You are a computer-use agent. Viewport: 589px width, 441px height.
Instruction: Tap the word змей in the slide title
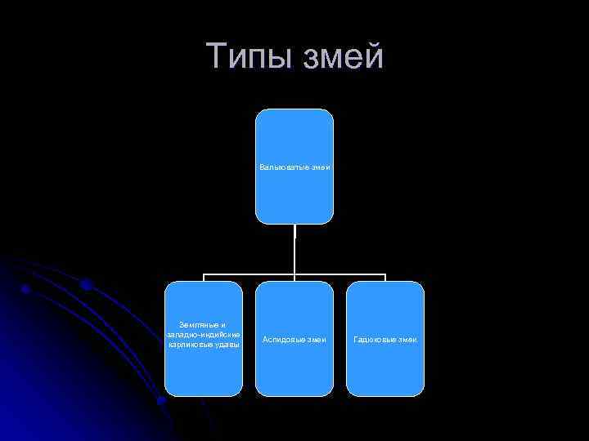coord(344,56)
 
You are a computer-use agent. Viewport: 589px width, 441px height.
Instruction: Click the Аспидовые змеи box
coord(294,359)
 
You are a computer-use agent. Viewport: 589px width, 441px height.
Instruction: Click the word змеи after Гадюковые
coord(407,339)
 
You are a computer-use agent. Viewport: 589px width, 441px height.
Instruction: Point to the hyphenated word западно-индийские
coord(204,335)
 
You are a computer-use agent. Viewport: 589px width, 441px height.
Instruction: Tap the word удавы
coord(228,345)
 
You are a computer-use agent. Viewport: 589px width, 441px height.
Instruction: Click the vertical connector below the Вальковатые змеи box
coord(294,249)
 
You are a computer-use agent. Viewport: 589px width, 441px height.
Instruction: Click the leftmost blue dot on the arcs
coord(26,288)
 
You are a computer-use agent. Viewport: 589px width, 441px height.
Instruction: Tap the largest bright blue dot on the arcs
coord(85,284)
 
